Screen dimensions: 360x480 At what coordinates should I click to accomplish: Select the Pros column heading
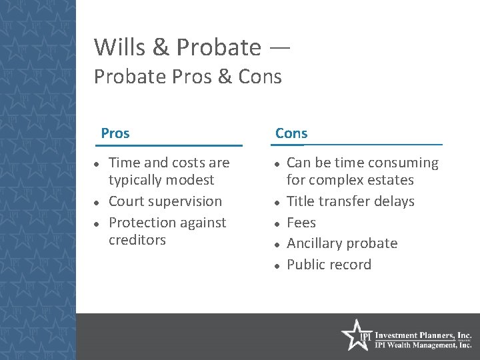[x=115, y=133]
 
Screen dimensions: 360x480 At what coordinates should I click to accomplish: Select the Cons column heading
[x=291, y=133]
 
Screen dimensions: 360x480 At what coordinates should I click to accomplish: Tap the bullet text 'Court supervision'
[x=165, y=201]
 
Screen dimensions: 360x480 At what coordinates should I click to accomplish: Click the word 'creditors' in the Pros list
[x=137, y=239]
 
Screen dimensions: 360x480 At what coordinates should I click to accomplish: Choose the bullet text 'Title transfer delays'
[x=350, y=201]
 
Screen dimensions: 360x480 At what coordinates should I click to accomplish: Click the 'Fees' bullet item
[x=301, y=223]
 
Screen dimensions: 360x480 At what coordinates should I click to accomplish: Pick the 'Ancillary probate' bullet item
[x=341, y=243]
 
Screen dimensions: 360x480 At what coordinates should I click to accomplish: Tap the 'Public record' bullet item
[x=329, y=265]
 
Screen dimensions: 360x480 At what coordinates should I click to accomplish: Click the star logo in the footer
[x=355, y=335]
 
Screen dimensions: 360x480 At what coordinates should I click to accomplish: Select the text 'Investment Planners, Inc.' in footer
[x=423, y=335]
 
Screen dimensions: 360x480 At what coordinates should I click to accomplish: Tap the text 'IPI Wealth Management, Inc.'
[x=423, y=345]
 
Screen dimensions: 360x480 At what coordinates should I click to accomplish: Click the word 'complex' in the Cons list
[x=338, y=180]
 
